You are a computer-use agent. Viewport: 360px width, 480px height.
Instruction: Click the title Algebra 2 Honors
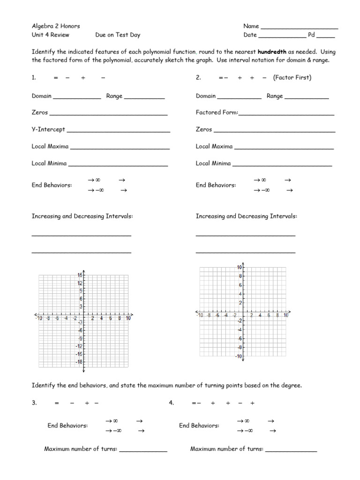coord(56,26)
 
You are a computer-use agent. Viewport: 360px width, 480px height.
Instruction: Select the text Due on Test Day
coord(118,35)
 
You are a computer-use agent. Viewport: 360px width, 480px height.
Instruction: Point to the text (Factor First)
coord(292,78)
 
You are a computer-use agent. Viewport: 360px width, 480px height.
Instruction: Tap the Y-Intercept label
coord(48,129)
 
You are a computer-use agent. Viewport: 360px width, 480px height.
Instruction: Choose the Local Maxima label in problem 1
coord(50,147)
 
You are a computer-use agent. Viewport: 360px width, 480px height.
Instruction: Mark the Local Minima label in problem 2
coord(213,164)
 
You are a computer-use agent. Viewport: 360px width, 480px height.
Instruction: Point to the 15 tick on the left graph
coord(80,275)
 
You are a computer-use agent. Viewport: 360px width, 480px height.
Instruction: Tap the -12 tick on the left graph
coord(79,346)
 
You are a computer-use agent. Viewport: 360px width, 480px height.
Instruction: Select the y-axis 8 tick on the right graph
coord(240,276)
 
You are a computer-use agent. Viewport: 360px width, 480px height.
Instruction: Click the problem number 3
coord(34,403)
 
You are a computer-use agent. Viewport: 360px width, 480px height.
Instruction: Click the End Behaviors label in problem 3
coord(67,426)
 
